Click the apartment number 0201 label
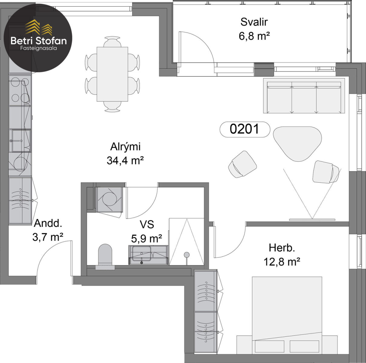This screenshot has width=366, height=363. coord(244,129)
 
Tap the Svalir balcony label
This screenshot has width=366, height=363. coord(254,22)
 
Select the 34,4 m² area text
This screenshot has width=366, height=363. coord(125,161)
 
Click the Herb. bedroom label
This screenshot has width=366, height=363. coord(282,248)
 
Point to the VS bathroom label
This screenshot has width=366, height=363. coord(147,224)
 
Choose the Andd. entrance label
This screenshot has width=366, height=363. coord(48,223)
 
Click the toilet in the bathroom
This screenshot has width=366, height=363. coord(105,257)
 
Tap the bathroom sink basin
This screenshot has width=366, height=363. coord(142,253)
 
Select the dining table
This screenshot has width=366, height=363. coord(112,74)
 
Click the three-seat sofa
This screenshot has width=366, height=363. coord(304,96)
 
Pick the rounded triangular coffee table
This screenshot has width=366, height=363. coord(297,144)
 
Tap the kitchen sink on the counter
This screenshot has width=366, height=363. coord(21,141)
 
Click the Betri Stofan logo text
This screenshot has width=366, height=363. coord(39,41)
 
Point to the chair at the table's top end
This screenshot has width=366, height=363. coord(112,41)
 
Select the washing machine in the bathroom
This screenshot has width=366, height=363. coord(109,199)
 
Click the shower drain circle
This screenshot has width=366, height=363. coord(187,255)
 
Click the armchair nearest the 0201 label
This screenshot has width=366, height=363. coord(243,164)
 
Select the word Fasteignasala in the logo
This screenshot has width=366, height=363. coord(38,48)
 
